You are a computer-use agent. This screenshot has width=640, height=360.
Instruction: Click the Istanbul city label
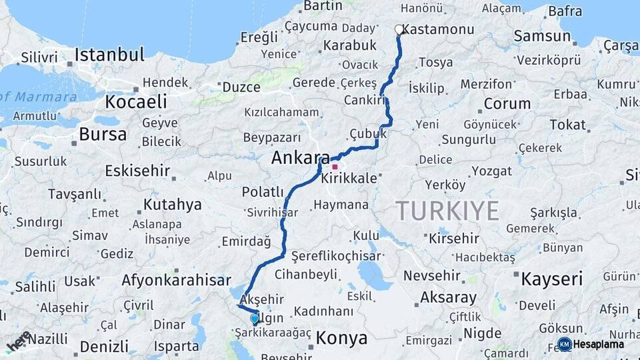(x=109, y=55)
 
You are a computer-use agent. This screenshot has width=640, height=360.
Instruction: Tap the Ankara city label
(x=300, y=159)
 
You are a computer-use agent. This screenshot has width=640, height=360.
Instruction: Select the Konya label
(x=341, y=338)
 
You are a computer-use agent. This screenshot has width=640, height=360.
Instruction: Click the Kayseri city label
(x=552, y=278)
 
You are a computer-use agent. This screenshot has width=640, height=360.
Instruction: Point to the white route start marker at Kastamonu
(x=399, y=29)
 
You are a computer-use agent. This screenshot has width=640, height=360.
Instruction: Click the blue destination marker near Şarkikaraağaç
(x=254, y=319)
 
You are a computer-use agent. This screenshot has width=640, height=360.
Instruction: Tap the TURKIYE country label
(x=447, y=211)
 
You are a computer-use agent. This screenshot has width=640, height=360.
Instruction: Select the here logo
(x=19, y=341)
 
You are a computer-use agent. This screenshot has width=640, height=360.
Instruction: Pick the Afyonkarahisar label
(x=176, y=280)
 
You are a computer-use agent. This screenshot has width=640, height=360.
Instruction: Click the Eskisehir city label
(x=137, y=171)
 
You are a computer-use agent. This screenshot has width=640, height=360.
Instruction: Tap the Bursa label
(x=102, y=134)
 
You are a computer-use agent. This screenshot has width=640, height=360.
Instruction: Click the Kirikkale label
(x=349, y=179)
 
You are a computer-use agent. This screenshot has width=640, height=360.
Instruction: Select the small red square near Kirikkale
(x=335, y=167)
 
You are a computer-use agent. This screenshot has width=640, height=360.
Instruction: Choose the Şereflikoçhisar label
(x=336, y=255)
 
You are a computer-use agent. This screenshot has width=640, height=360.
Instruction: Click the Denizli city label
(x=104, y=347)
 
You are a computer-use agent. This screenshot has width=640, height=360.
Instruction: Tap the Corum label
(x=507, y=103)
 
